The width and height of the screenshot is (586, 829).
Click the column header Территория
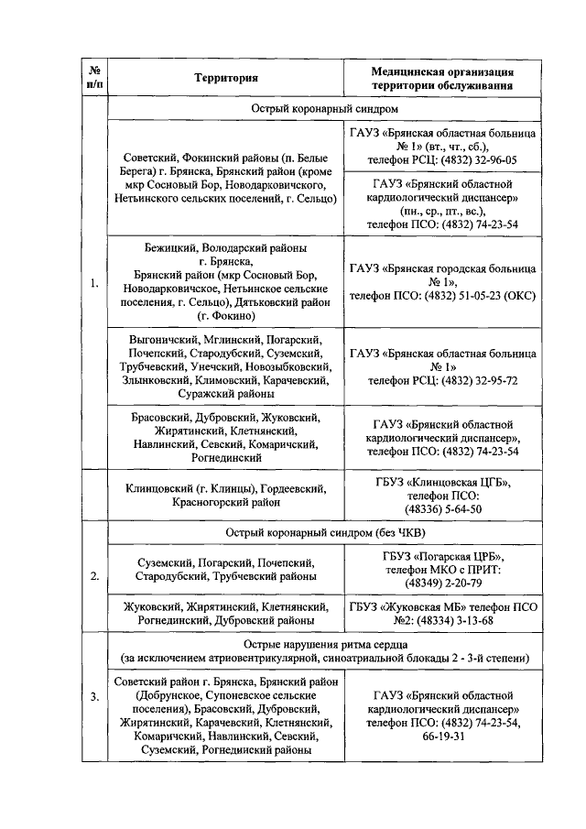pos(225,78)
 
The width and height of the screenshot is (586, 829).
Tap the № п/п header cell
pos(94,78)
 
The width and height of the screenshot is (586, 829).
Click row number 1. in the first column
pos(94,284)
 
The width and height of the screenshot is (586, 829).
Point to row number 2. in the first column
pos(94,576)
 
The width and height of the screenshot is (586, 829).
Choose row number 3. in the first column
pos(94,698)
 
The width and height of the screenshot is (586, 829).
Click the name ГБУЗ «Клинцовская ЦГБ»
pos(442,481)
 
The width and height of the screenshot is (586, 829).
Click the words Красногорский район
pos(225,502)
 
